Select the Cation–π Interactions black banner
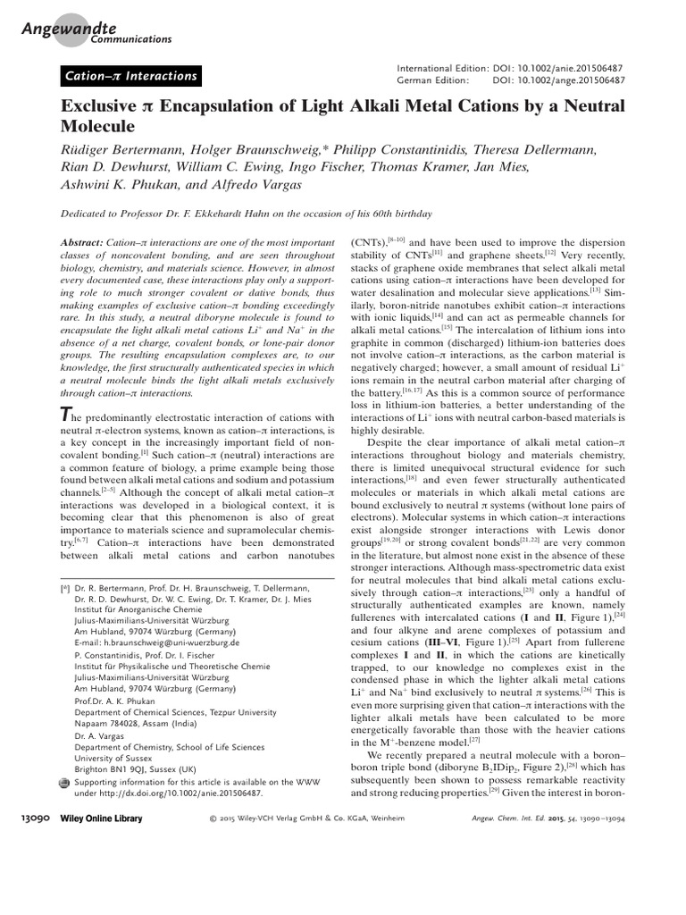point(130,76)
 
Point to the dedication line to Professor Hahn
point(246,214)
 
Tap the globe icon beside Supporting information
point(63,781)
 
